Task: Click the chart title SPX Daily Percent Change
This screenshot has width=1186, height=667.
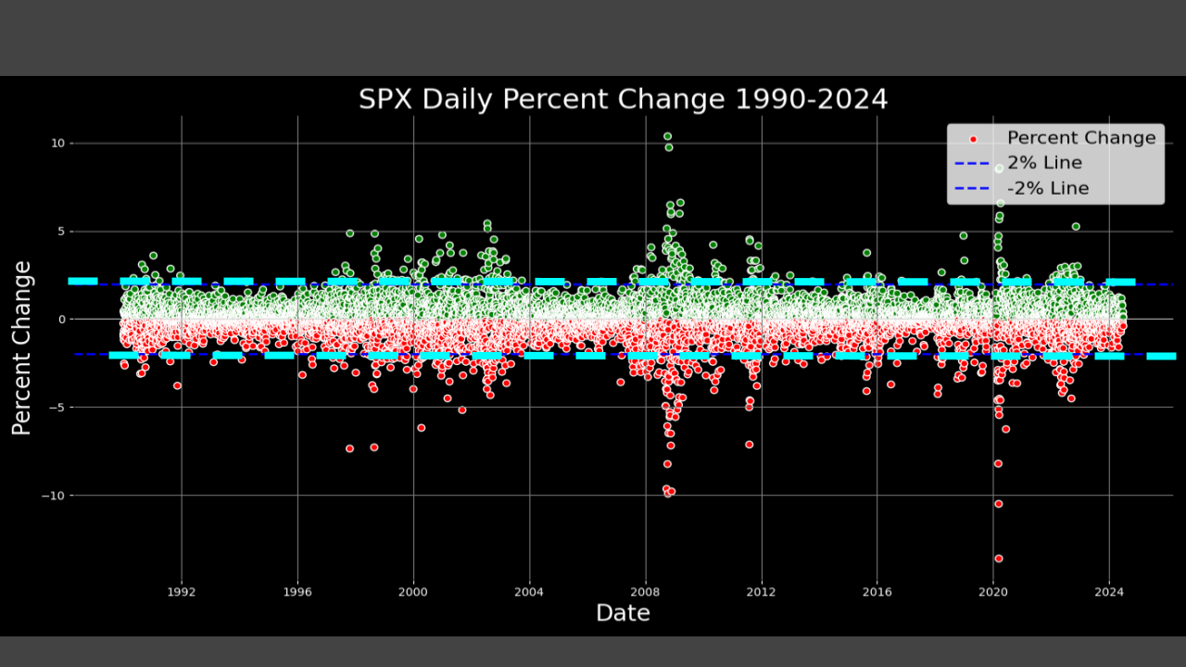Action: pos(623,99)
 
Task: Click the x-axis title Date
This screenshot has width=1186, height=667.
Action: pos(623,612)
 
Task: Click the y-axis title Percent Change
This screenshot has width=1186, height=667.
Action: pos(22,348)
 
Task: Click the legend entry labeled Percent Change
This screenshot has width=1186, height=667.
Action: pos(1080,138)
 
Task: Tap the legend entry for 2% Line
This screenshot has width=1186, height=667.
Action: pos(1044,163)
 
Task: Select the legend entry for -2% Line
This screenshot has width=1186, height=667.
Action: pos(1047,188)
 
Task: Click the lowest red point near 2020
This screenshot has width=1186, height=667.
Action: pos(998,559)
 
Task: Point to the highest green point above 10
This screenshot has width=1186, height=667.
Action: pos(667,136)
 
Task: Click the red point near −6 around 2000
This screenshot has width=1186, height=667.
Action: pos(421,428)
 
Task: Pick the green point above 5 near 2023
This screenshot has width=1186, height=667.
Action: pos(1076,226)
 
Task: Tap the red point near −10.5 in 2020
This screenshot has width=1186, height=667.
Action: pos(998,504)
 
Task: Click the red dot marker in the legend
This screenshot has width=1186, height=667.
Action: pos(973,139)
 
